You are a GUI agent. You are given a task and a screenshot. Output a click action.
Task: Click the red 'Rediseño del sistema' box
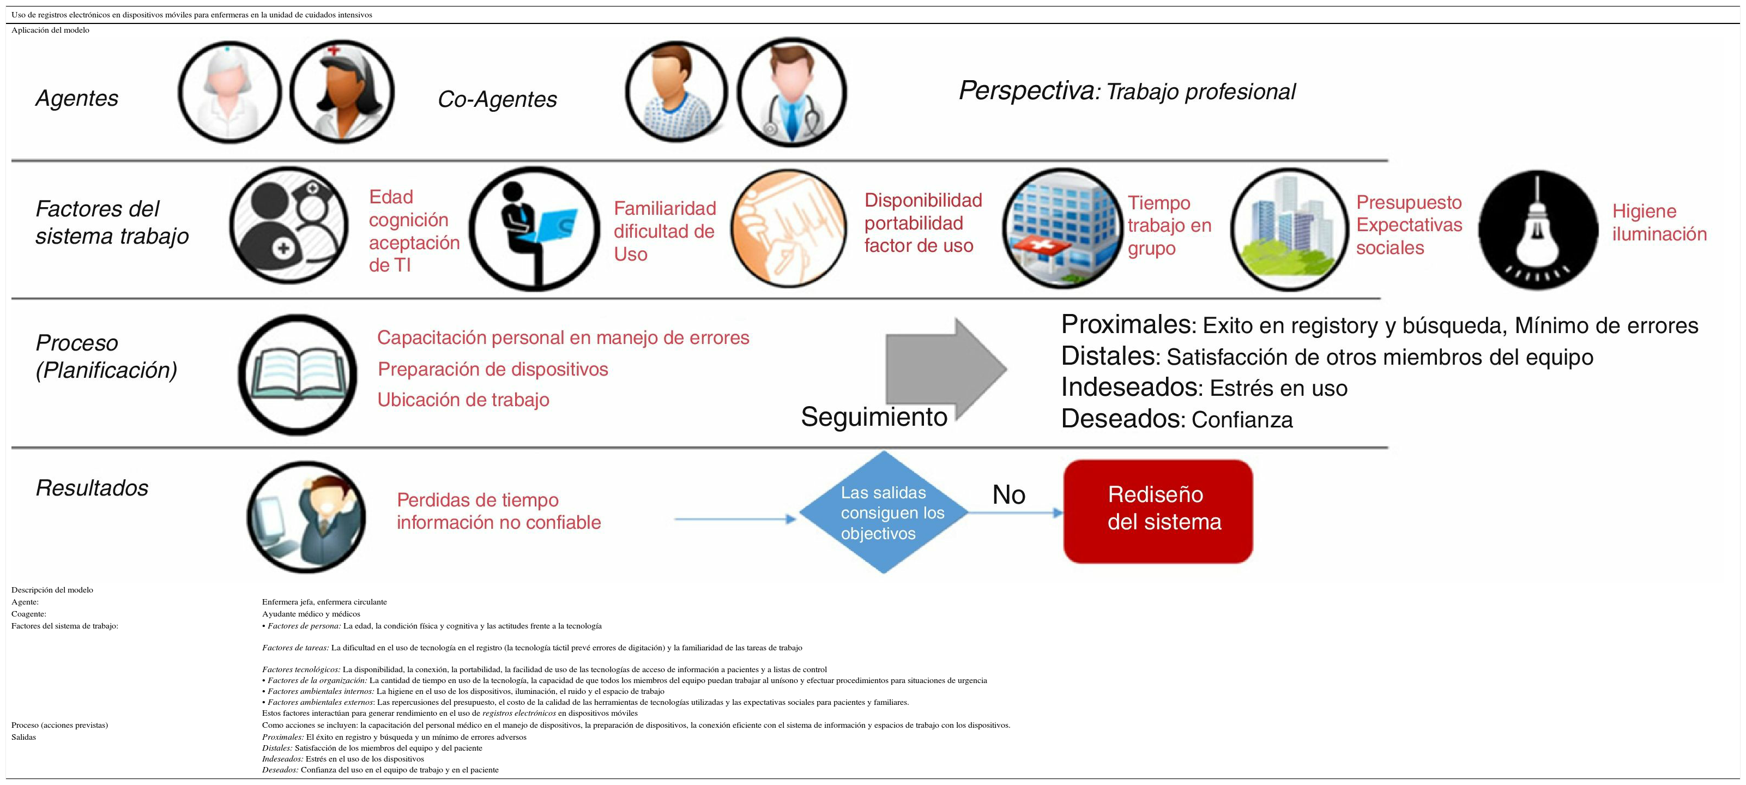pos(1158,511)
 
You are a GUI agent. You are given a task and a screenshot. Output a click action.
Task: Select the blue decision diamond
pos(883,512)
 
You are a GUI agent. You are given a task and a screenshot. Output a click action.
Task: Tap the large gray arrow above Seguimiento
pos(946,368)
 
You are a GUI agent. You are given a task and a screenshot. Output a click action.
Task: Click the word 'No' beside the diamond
pos(1008,495)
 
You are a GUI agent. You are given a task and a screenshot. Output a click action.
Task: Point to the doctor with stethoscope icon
pos(791,92)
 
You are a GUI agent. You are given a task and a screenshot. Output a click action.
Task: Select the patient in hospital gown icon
pos(676,92)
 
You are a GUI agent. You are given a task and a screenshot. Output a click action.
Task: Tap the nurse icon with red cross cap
pos(342,92)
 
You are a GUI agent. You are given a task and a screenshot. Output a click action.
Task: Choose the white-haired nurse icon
pos(230,92)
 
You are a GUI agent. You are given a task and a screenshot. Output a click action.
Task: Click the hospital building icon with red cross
pos(1062,229)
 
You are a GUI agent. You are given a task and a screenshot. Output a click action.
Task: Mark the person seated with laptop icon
pos(535,229)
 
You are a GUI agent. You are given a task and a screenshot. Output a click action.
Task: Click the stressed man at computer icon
pos(306,517)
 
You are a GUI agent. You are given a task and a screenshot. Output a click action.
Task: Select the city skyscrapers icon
pos(1289,229)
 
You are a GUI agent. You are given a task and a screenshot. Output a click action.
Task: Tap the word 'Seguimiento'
pos(874,416)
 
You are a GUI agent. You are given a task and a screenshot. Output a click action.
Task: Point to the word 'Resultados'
pos(92,488)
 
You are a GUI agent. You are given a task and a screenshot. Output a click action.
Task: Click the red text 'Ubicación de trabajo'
pos(463,400)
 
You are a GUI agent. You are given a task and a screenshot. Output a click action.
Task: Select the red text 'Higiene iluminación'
pos(1659,222)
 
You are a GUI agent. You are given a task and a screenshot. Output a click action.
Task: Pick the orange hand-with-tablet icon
pos(789,229)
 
